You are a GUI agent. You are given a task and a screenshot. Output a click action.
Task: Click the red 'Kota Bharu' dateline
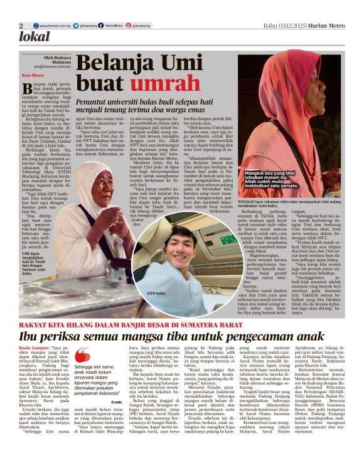(30, 75)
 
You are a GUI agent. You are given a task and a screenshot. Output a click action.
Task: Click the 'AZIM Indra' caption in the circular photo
(138, 292)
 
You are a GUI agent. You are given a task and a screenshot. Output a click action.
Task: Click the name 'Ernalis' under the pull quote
(115, 401)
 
